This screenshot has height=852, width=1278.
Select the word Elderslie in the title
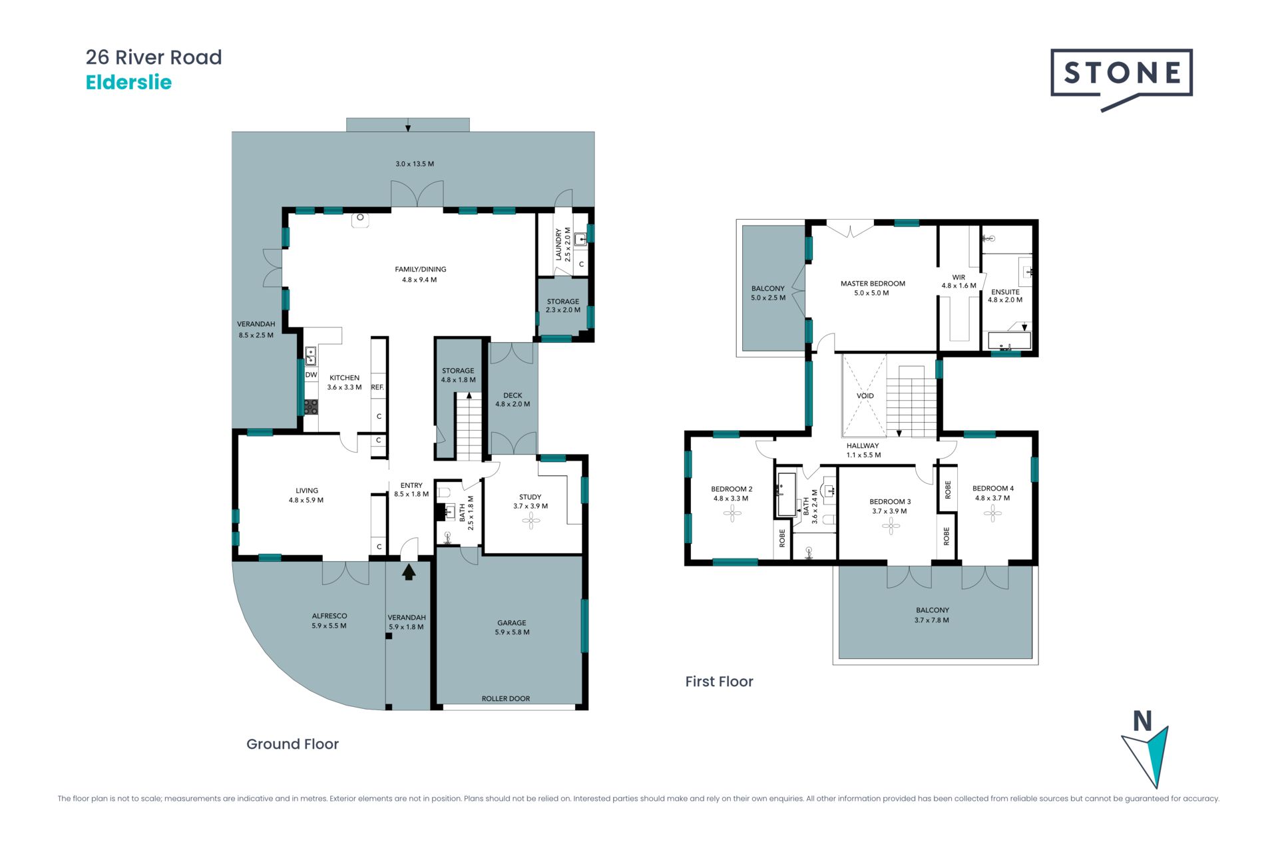[128, 83]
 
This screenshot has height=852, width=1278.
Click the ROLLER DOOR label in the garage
[506, 698]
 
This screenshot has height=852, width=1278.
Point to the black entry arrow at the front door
[409, 572]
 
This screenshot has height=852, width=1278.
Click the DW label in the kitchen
[311, 375]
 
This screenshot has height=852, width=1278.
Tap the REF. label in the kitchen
[377, 387]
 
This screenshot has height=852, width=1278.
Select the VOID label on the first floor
[865, 395]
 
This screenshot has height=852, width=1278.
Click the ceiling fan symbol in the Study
[531, 521]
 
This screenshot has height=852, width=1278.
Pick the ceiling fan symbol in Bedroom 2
[732, 513]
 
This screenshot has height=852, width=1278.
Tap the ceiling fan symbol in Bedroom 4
[992, 513]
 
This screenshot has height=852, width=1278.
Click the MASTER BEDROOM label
[873, 284]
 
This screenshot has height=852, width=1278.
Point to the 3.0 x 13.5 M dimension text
[415, 164]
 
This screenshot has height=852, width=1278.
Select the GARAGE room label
[511, 623]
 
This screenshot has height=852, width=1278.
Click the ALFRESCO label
[329, 616]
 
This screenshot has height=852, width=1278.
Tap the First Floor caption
[720, 682]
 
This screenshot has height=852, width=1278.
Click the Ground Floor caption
[293, 744]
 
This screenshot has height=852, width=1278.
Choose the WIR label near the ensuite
[958, 277]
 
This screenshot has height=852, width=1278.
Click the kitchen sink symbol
[311, 356]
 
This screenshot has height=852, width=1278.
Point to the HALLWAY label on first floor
[863, 446]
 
